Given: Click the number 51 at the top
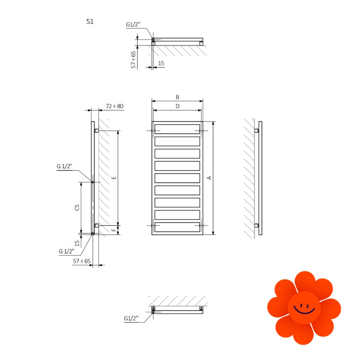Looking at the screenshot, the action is [x=90, y=22].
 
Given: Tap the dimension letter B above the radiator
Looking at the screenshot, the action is [x=177, y=97].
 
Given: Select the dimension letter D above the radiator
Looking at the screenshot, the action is [x=177, y=106].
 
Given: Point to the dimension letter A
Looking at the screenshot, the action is [x=209, y=178].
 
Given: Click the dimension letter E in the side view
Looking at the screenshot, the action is [x=114, y=178].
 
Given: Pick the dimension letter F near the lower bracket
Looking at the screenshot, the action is [x=114, y=230].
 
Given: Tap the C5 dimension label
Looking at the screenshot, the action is [x=77, y=207].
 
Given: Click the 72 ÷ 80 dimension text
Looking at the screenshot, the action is [x=114, y=106].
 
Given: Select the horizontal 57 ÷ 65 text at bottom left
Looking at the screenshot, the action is [x=82, y=261].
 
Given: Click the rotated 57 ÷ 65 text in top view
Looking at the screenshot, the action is [x=133, y=60].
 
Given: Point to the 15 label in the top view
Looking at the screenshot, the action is [x=161, y=63].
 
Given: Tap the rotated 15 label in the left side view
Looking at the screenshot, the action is [x=77, y=243].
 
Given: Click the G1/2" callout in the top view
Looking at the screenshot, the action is [x=133, y=24].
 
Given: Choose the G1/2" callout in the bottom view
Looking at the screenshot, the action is [x=131, y=318].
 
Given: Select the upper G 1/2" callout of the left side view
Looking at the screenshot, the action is [x=64, y=166].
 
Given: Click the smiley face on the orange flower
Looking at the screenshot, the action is [x=304, y=308].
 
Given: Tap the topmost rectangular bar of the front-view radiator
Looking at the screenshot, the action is [x=177, y=129].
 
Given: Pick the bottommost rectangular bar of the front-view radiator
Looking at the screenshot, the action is [x=177, y=227].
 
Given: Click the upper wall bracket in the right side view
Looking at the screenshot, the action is [x=256, y=130].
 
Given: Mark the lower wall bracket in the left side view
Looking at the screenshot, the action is [x=97, y=225].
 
